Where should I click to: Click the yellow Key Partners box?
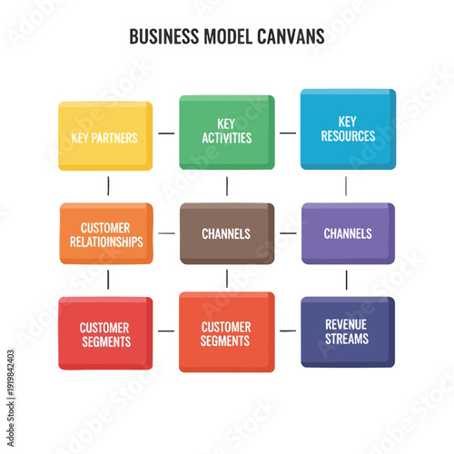tap(105, 136)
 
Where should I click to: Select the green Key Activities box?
tap(226, 132)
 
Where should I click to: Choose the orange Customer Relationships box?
tap(106, 234)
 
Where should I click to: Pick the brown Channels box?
tap(226, 233)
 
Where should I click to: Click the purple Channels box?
tap(348, 233)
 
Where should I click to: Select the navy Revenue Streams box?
tap(348, 331)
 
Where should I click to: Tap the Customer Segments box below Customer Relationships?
tap(105, 333)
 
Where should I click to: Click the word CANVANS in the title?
tap(285, 37)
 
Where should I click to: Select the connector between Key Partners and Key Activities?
tap(166, 133)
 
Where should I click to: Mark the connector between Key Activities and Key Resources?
tap(288, 133)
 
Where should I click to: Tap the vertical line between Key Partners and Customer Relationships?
tap(108, 186)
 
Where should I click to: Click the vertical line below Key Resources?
tap(346, 186)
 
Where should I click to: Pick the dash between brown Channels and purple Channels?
tap(288, 233)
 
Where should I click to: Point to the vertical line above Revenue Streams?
tap(346, 281)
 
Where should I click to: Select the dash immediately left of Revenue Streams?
tap(288, 331)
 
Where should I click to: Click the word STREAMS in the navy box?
tap(348, 340)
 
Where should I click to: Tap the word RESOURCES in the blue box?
tap(348, 136)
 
